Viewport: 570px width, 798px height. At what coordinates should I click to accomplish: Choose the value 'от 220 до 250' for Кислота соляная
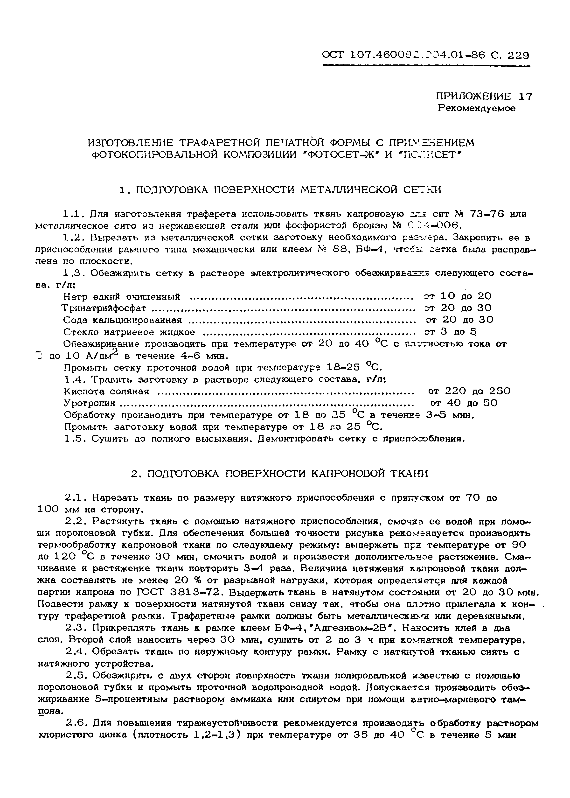469,391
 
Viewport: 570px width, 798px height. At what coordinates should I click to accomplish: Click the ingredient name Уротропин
90,403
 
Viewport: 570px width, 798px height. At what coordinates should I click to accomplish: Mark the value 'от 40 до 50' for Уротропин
464,403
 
